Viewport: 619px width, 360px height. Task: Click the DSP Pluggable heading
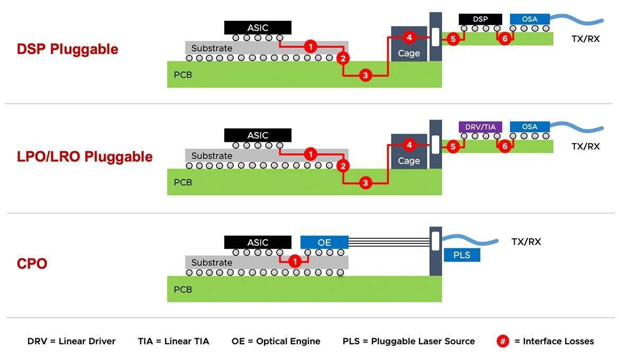[68, 49]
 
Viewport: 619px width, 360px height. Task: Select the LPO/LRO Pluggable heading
[85, 157]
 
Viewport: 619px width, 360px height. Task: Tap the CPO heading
[32, 264]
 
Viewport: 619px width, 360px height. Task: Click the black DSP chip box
[480, 19]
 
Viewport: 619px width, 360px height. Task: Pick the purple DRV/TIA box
[480, 127]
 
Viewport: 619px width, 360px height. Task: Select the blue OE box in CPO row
[324, 242]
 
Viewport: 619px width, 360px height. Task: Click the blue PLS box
[461, 255]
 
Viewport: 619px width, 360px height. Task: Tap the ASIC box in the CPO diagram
[258, 242]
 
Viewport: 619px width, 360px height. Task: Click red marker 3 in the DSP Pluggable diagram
[365, 76]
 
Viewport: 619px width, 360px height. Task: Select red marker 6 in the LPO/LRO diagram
[505, 146]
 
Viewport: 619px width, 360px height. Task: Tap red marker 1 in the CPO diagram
[295, 261]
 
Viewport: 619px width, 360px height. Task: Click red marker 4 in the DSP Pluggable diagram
[408, 37]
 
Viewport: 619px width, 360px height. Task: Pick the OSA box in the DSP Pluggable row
[530, 19]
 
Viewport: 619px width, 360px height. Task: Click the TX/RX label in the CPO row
[526, 242]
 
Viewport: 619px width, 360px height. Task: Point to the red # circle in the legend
[503, 341]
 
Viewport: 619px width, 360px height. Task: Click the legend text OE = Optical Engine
[276, 341]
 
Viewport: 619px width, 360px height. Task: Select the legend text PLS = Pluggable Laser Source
[408, 341]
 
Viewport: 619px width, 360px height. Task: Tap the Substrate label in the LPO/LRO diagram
[212, 156]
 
